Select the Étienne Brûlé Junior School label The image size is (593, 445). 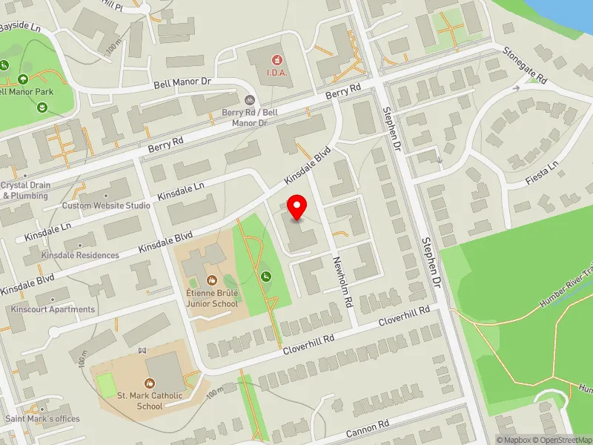[x=212, y=297]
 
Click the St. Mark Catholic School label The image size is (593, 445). [x=150, y=400]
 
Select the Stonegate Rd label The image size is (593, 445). [x=525, y=65]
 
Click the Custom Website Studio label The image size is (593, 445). [x=106, y=205]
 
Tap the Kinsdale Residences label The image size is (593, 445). [x=80, y=255]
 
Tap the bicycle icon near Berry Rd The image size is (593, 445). [x=250, y=99]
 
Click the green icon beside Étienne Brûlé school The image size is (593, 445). [x=265, y=277]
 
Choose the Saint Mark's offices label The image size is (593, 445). [x=42, y=419]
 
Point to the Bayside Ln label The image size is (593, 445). [x=20, y=27]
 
